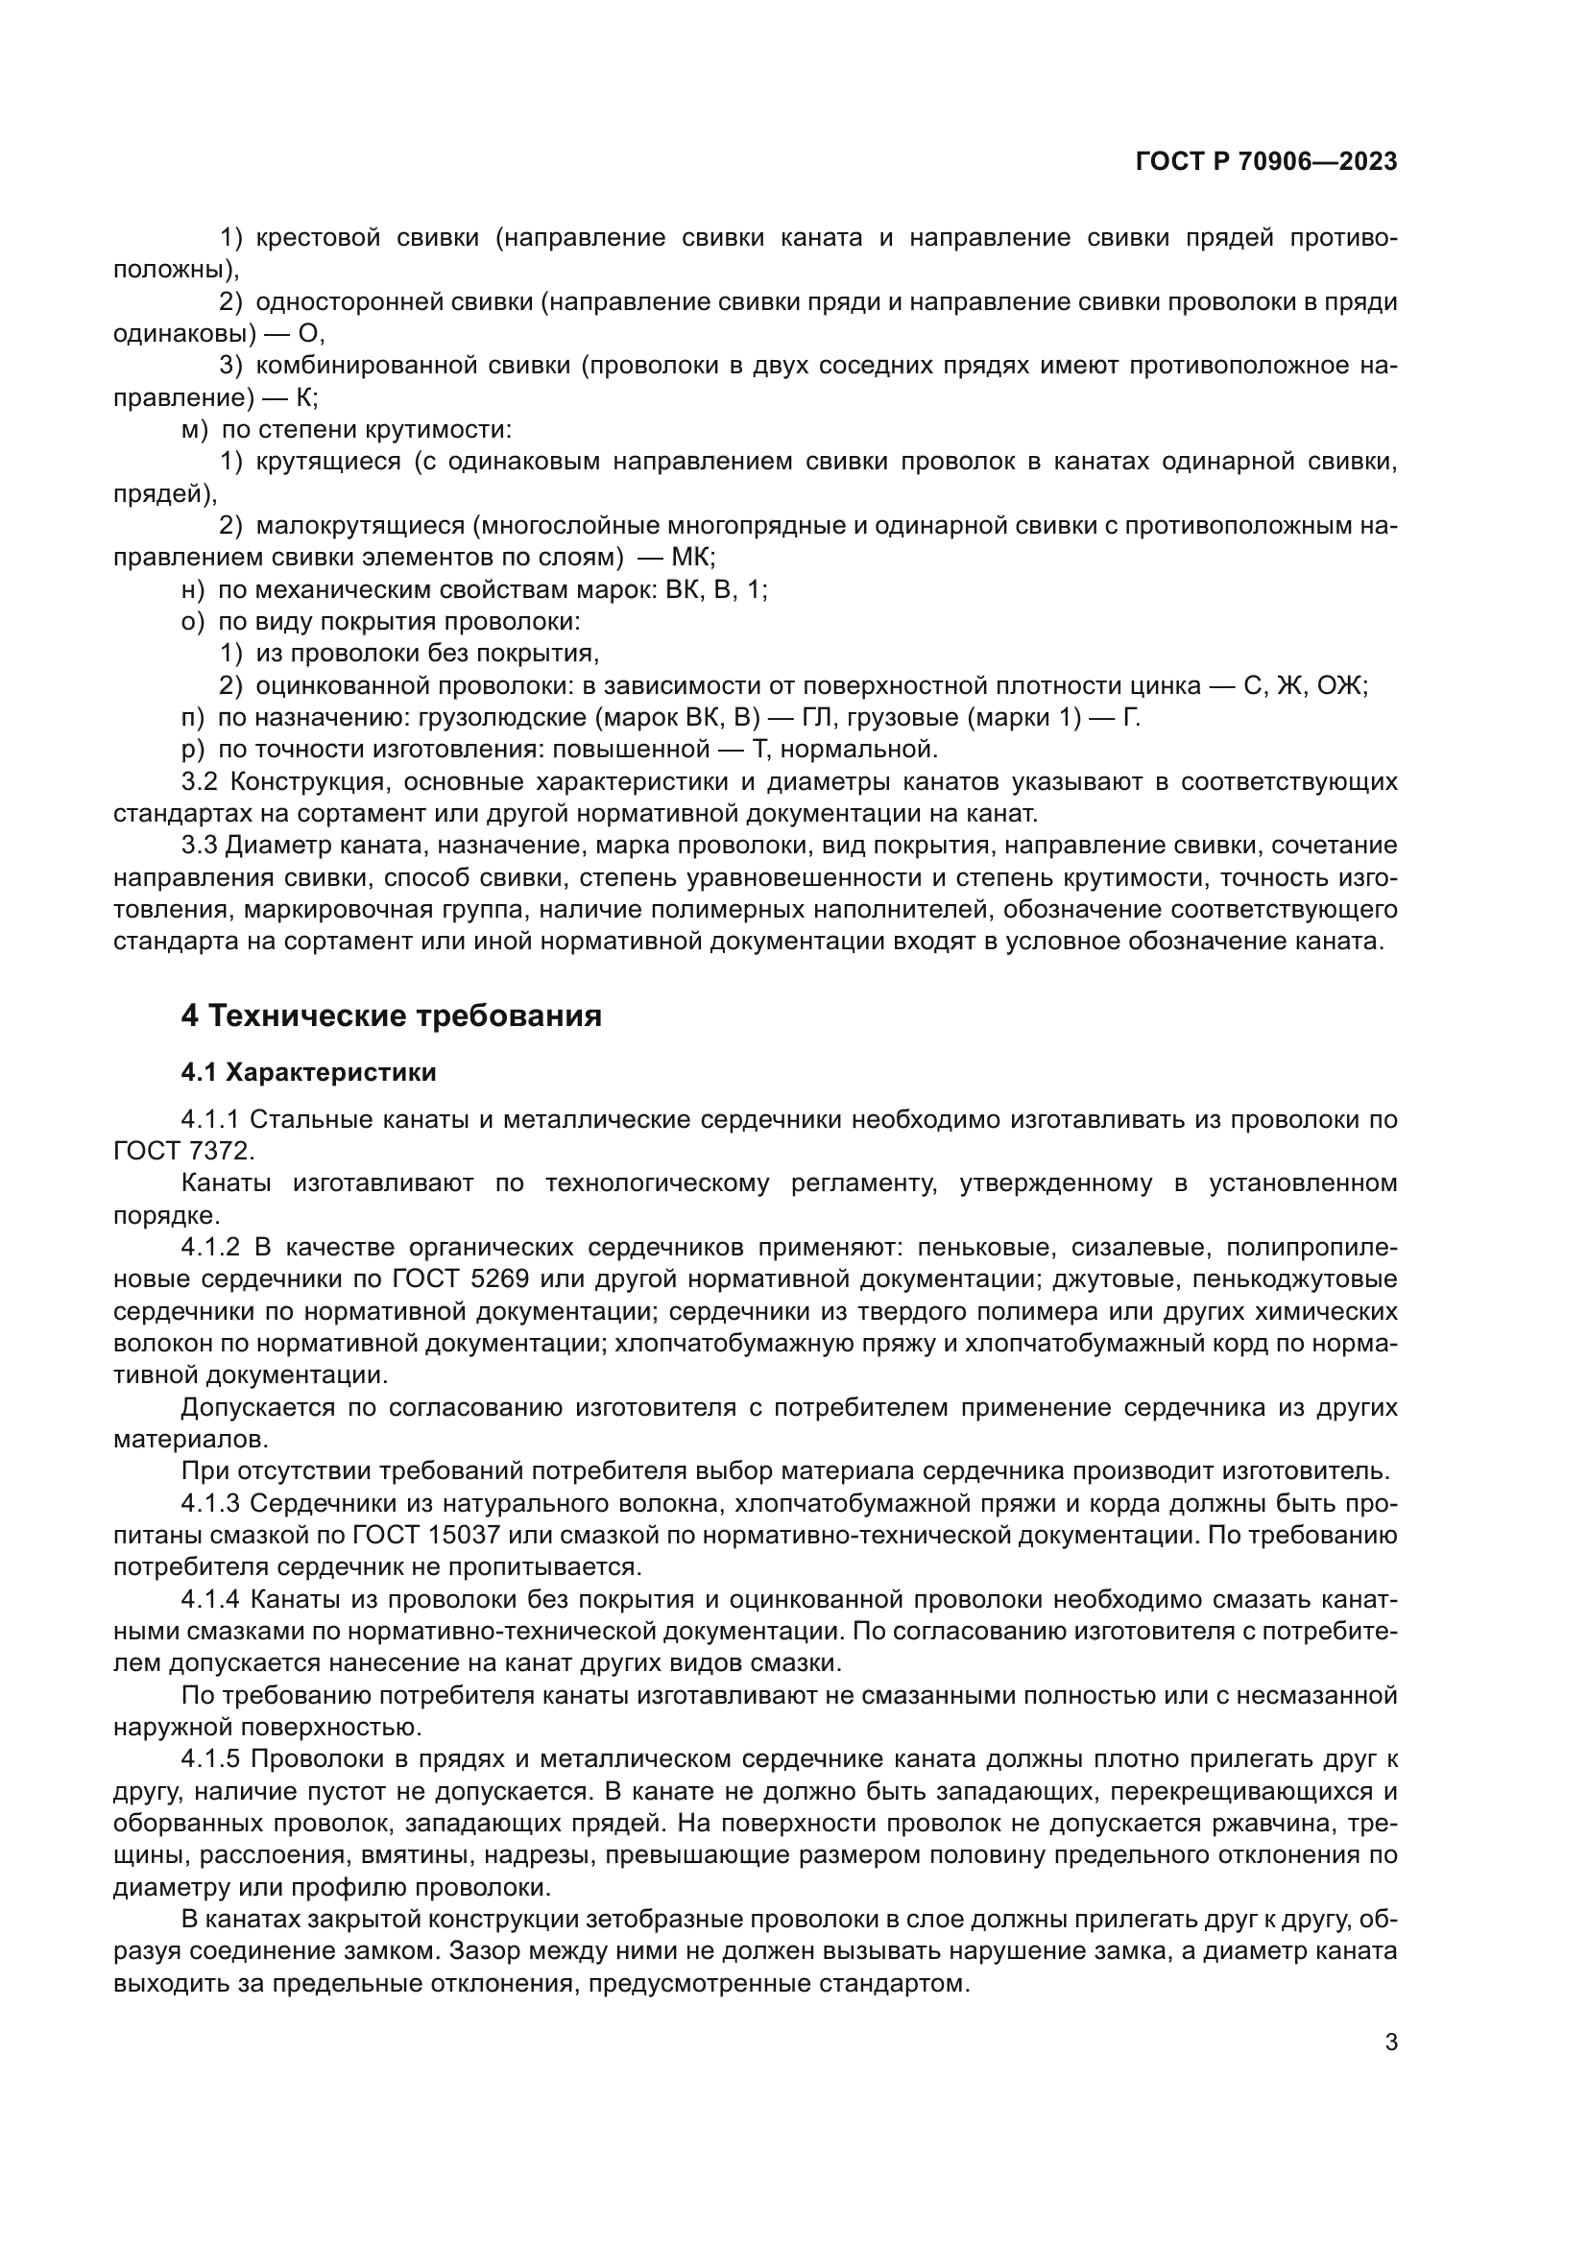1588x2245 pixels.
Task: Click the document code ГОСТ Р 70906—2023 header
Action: [x=1266, y=162]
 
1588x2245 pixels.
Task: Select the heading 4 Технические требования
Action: [x=391, y=1015]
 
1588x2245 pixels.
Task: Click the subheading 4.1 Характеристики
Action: [x=308, y=1073]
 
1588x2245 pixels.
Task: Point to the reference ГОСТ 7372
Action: [x=177, y=1152]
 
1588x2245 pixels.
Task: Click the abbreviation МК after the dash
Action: [x=693, y=558]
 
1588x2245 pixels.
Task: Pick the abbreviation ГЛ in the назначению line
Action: [x=816, y=718]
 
